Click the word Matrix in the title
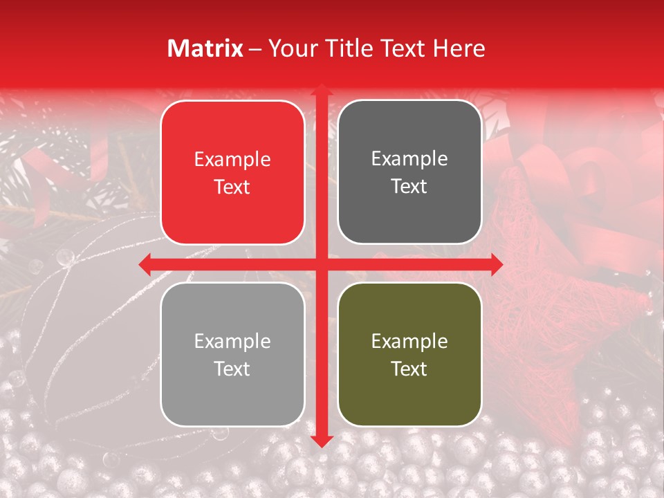[x=205, y=48]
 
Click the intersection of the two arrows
[x=320, y=264]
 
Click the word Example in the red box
[x=232, y=160]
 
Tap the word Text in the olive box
[x=409, y=369]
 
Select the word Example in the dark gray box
[x=409, y=159]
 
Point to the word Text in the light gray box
[x=232, y=369]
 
